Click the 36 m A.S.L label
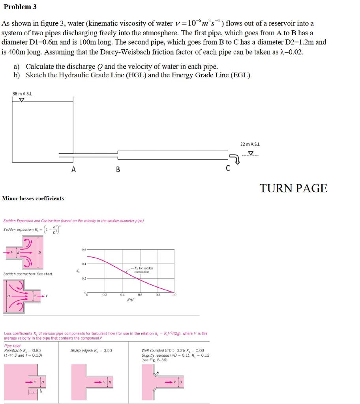22,93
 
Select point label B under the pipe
117,170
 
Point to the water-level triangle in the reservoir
21,100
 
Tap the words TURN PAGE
293,189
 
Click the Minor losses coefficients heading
33,198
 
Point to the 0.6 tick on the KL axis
84,250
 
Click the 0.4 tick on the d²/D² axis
123,294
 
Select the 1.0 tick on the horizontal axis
174,294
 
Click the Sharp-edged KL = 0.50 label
91,350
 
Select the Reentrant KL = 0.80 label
22,350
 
